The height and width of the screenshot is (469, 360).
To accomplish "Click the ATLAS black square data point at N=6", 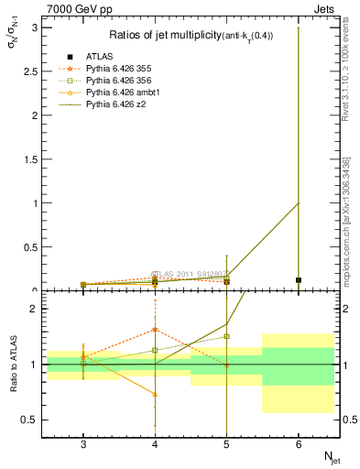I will [299, 280].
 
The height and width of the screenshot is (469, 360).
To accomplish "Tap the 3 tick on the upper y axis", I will [35, 28].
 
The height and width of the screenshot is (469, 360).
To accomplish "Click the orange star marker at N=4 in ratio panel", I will [155, 330].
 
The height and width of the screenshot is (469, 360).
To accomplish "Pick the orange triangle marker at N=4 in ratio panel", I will [155, 395].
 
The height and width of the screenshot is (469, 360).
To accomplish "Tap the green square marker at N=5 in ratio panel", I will [227, 336].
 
